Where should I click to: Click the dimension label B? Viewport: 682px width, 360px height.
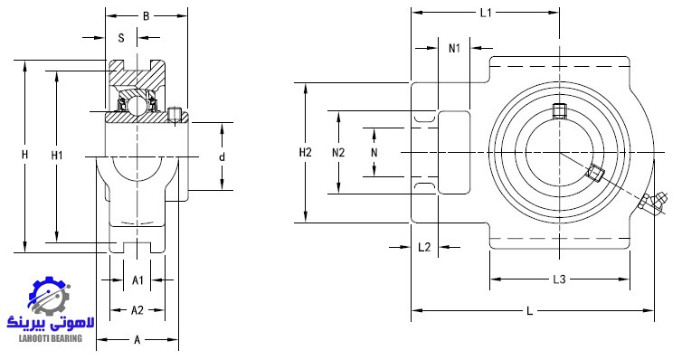(147, 16)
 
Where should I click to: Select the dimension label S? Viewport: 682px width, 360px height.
(121, 38)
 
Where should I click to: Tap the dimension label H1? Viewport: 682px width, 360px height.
(57, 156)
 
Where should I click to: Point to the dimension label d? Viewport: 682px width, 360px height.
(222, 157)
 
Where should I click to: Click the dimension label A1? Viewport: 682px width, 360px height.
(137, 280)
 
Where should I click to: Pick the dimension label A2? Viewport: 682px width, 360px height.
(137, 310)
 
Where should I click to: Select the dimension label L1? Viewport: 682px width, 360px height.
(486, 13)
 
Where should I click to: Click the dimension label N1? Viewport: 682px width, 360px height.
(454, 48)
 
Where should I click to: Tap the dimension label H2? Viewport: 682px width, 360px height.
(306, 153)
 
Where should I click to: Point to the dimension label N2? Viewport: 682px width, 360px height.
(338, 153)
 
